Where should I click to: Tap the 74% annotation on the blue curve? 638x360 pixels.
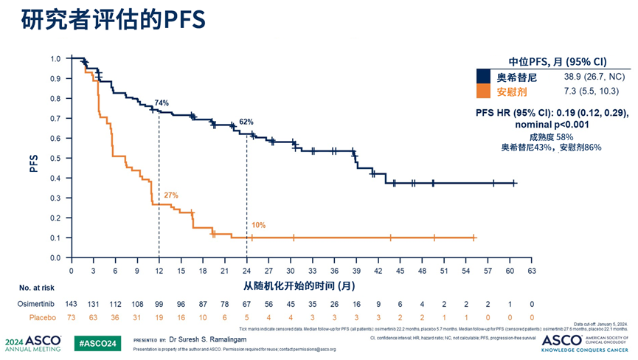tap(162, 103)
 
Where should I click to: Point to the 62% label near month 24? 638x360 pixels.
tap(246, 122)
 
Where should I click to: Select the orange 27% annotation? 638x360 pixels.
tap(171, 195)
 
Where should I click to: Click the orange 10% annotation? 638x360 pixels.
tap(258, 225)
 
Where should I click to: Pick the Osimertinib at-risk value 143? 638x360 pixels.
tap(72, 304)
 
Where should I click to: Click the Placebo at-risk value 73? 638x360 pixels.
tap(72, 319)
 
